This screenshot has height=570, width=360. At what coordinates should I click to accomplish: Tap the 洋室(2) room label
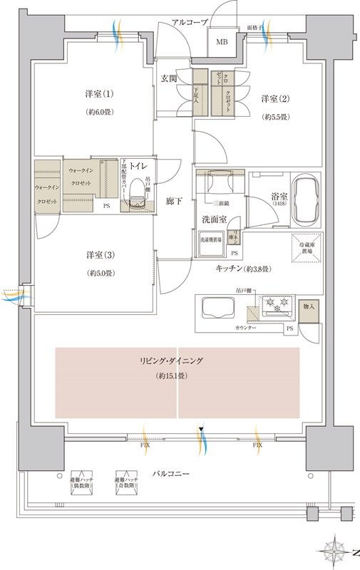274,98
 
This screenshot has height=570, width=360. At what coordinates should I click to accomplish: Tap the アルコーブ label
190,23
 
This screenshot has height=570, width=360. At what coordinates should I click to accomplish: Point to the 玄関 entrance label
169,78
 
